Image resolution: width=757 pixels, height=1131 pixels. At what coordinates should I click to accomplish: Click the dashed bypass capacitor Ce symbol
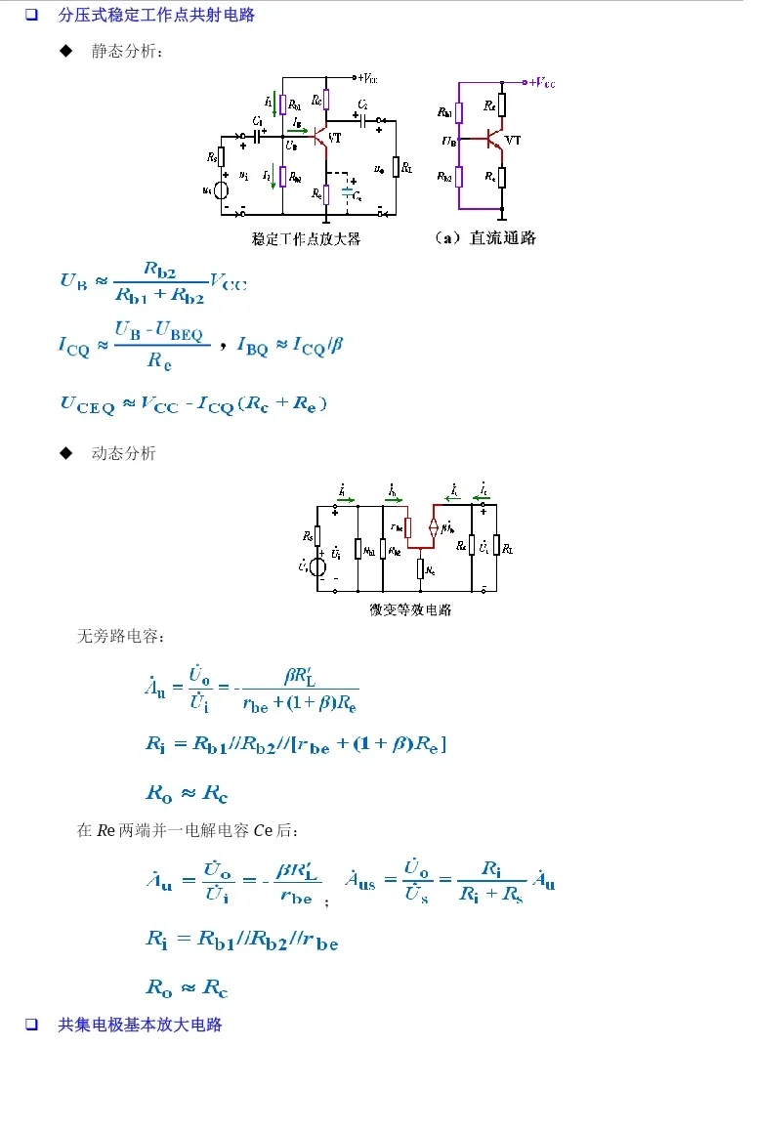point(348,191)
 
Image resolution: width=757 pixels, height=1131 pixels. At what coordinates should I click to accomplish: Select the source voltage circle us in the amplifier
point(222,190)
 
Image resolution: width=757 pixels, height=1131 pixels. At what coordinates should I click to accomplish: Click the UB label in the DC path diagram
point(448,142)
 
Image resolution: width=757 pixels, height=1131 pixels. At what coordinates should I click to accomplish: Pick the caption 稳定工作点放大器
point(306,238)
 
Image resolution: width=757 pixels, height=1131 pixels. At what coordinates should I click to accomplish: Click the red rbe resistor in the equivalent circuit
point(408,527)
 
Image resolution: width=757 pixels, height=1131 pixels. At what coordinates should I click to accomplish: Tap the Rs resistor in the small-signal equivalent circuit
point(318,535)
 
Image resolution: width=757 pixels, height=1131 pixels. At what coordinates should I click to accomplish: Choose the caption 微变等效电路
point(410,609)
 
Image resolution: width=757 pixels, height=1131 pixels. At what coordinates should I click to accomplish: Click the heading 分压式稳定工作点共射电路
point(156,15)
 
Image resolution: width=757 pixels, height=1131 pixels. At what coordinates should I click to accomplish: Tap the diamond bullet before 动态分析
point(66,453)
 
